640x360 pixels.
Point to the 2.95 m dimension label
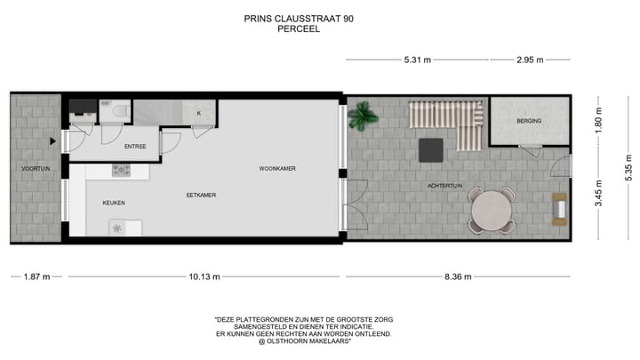pos(530,60)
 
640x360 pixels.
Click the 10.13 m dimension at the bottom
pos(204,276)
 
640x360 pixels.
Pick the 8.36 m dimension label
pos(458,276)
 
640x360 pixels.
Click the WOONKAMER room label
pos(277,168)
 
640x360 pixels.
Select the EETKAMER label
pos(201,195)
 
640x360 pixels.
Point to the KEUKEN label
pos(114,203)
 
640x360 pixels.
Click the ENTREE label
pos(135,147)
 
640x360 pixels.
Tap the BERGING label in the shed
pos(529,121)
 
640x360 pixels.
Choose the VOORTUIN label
pos(36,168)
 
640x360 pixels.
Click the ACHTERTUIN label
pos(444,186)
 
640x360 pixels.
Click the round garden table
pos(492,212)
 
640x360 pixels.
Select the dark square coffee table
pos(433,148)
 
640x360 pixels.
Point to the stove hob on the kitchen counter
pos(121,170)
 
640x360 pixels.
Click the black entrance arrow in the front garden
pos(54,140)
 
